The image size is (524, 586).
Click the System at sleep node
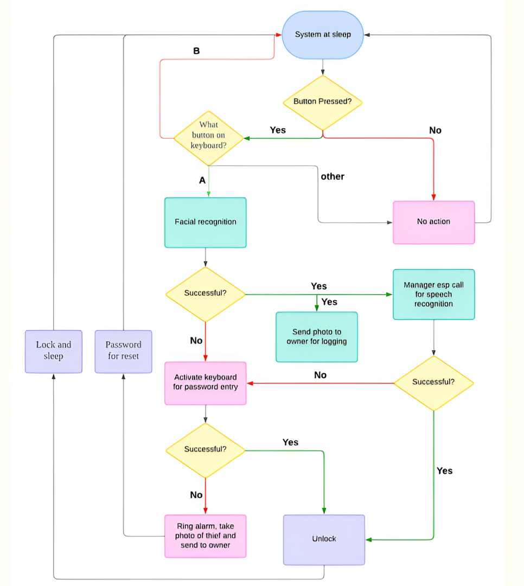pos(323,35)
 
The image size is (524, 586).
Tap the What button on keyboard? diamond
pos(208,138)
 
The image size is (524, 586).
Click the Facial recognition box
pos(206,222)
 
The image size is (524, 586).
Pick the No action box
pos(433,222)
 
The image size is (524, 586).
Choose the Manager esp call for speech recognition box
pos(433,295)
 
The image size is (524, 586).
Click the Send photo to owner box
pos(317,337)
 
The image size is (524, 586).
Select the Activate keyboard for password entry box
pos(206,383)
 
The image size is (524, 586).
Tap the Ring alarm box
pos(206,536)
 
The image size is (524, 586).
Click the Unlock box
pos(324,540)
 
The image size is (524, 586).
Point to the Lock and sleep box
pos(54,351)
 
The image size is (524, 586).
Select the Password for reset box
pos(123,351)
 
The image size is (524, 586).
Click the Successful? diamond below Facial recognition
pos(206,294)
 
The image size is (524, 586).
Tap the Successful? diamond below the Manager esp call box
pos(433,383)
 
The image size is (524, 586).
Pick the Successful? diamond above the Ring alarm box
pos(206,450)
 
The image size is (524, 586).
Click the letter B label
pos(196,51)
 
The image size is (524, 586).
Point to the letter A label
pos(202,181)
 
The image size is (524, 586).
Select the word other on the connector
pos(333,176)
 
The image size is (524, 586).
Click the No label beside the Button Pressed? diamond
pos(436,130)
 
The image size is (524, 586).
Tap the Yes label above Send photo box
pos(329,302)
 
